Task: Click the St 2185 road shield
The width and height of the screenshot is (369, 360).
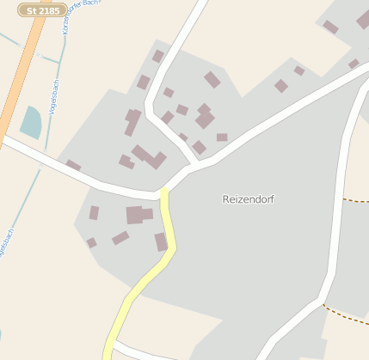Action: (42, 10)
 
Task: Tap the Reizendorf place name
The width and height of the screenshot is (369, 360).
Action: (248, 198)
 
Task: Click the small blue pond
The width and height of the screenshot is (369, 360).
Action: (30, 123)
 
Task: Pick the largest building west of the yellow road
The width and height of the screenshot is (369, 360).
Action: (138, 215)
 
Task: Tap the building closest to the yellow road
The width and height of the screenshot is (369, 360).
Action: (161, 241)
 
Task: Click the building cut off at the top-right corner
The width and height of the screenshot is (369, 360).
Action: (363, 19)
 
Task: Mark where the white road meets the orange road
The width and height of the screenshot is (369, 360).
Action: (4, 137)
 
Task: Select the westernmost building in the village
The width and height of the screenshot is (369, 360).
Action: (73, 165)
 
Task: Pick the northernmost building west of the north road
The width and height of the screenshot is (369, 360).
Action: (158, 56)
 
